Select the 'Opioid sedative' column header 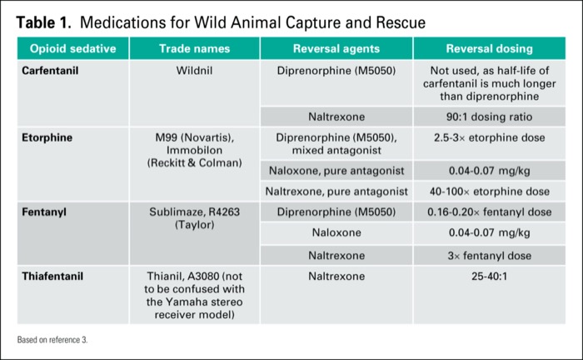[72, 48]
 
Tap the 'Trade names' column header [195, 48]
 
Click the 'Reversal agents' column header [336, 48]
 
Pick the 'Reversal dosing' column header [489, 48]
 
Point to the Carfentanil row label [50, 70]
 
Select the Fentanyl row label [44, 212]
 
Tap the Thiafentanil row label [52, 274]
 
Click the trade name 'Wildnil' [195, 70]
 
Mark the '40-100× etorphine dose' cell [489, 191]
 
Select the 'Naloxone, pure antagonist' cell [336, 171]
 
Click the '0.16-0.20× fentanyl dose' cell [489, 212]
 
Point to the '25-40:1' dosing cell [489, 274]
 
